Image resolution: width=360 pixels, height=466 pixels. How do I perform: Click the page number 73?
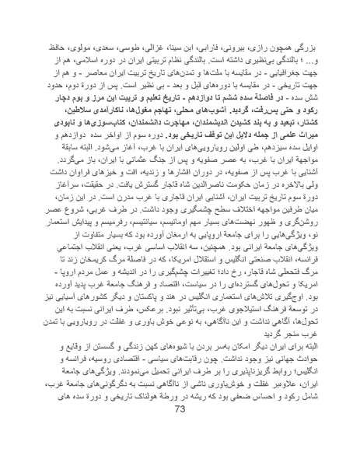(x=180, y=453)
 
